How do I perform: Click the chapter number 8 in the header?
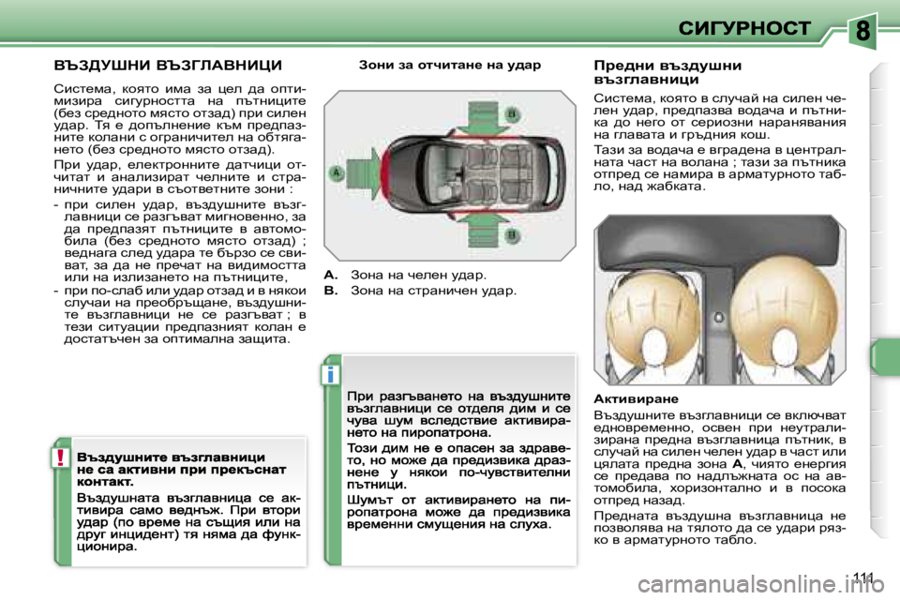pyautogui.click(x=863, y=32)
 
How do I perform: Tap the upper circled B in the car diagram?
pyautogui.click(x=513, y=113)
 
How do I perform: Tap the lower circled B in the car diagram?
pyautogui.click(x=513, y=228)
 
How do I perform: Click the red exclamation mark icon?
pyautogui.click(x=59, y=457)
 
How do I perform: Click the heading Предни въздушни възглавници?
pyautogui.click(x=667, y=73)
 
